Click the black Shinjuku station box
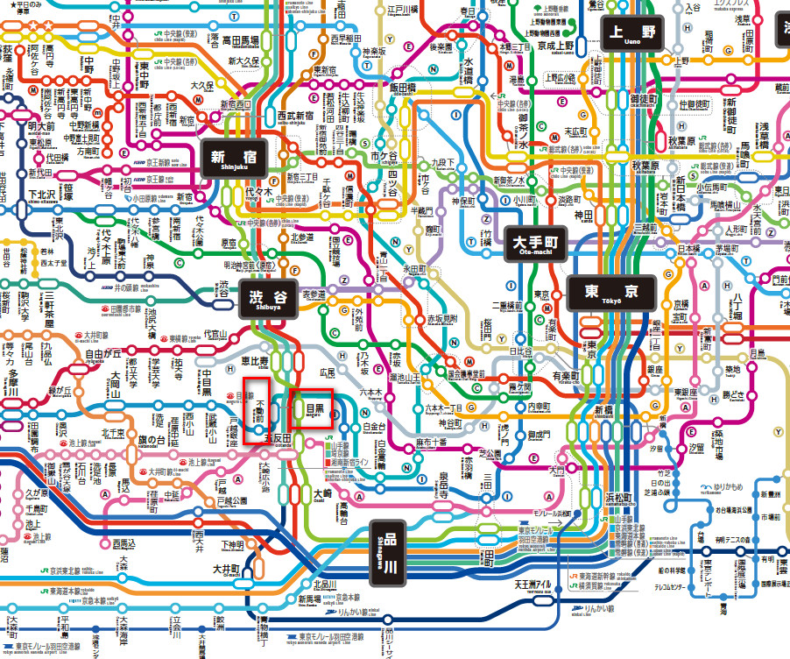[232, 159]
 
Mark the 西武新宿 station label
[295, 115]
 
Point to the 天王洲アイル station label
[533, 585]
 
